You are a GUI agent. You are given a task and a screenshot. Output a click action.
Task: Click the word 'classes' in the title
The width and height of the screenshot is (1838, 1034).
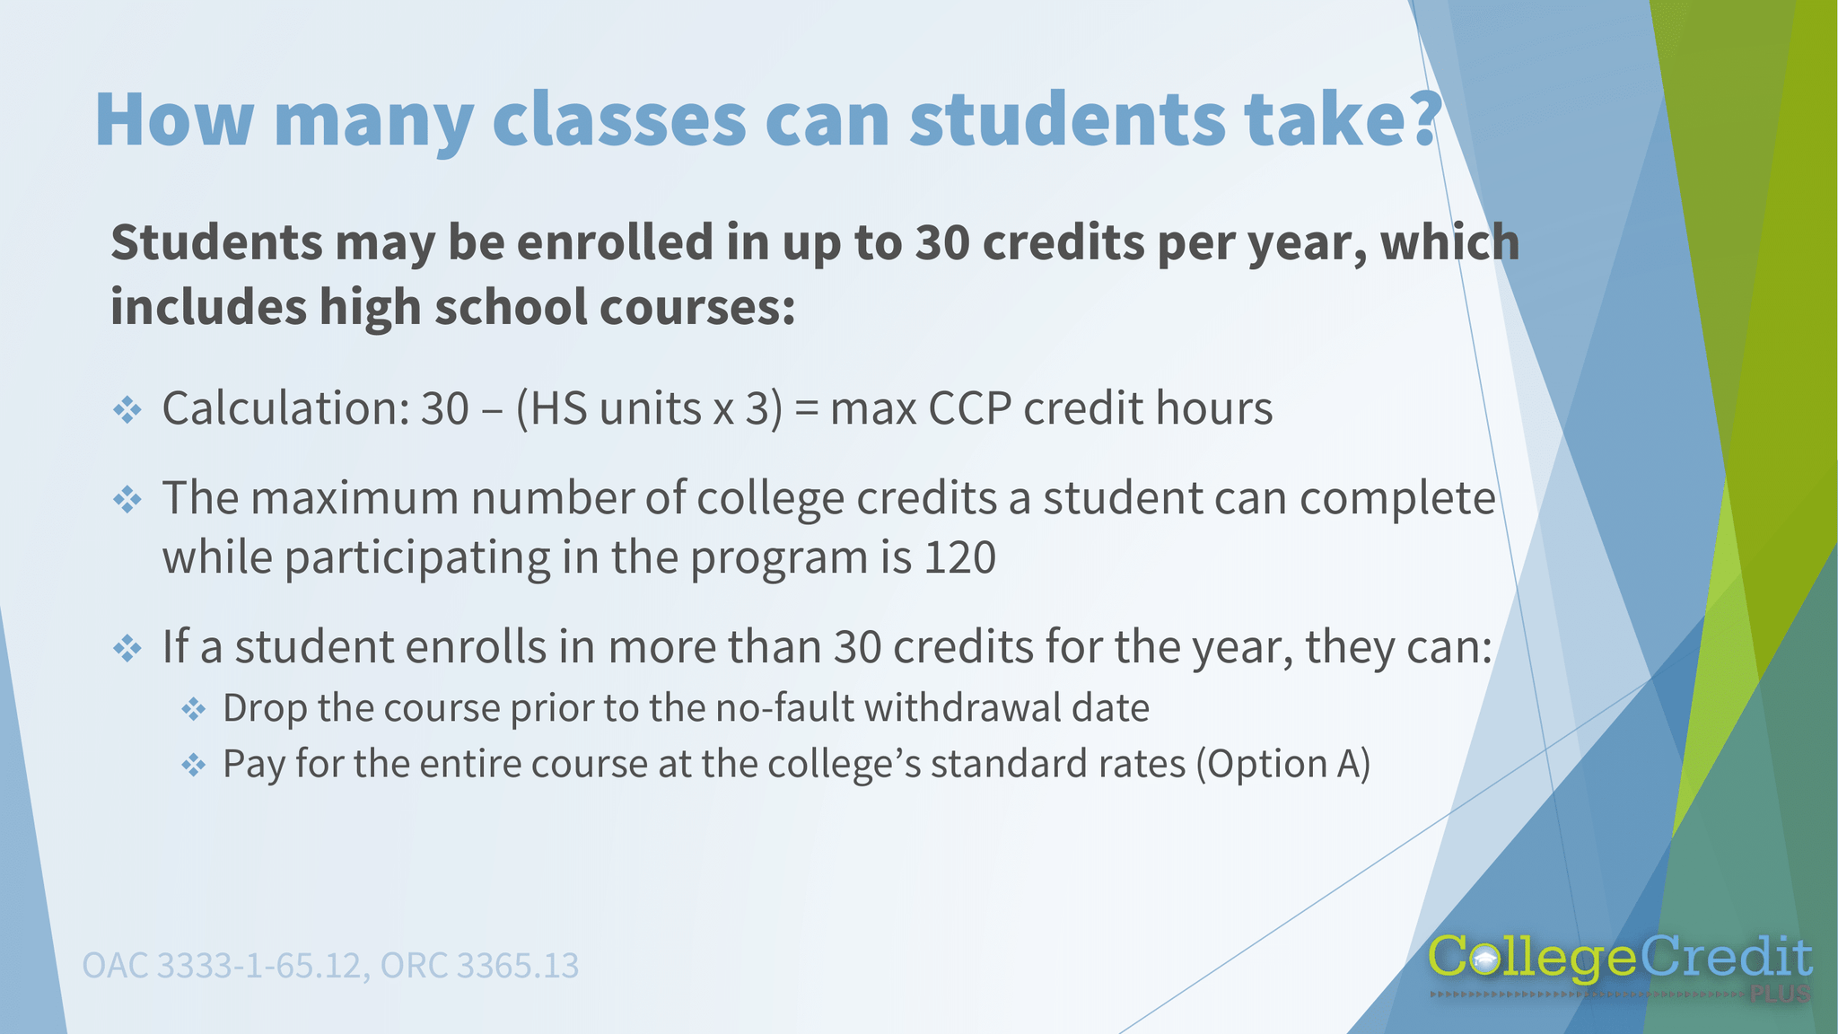coord(618,120)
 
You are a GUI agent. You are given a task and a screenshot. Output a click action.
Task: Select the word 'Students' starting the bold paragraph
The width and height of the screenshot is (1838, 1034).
coord(216,243)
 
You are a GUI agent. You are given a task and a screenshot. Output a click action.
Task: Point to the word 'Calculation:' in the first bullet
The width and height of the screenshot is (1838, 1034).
coord(285,408)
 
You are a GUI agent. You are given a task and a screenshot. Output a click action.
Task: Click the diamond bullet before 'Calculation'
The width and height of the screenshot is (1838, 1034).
coord(127,411)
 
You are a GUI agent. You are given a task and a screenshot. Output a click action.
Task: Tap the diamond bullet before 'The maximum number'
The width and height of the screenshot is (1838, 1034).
coord(127,500)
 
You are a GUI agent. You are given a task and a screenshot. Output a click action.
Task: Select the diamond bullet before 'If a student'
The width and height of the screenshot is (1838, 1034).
coord(127,648)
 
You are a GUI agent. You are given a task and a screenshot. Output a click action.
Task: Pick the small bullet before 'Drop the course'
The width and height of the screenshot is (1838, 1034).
coord(193,710)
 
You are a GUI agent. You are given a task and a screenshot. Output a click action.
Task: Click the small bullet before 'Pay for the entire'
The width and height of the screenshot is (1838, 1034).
coord(193,766)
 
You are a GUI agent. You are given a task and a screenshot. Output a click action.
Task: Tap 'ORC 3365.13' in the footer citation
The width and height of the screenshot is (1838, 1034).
coord(479,966)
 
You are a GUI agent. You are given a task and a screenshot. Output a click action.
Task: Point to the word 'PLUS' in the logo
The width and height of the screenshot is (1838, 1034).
coord(1780,995)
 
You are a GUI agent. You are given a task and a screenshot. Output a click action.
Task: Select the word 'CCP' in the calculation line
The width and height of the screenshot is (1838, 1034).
coord(969,409)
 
